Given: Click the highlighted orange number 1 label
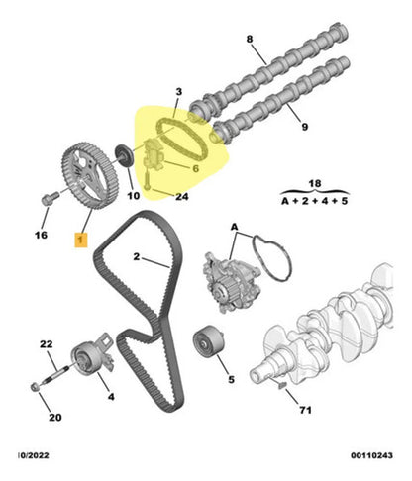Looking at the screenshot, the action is pyautogui.click(x=81, y=240).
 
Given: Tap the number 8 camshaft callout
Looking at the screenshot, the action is pyautogui.click(x=250, y=39).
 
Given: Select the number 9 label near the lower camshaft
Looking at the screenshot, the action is pyautogui.click(x=305, y=127).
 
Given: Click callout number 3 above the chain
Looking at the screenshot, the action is pyautogui.click(x=178, y=92).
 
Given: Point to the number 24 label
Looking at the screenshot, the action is pyautogui.click(x=182, y=197).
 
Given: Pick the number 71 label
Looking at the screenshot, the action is pyautogui.click(x=305, y=410).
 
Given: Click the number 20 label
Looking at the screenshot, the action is pyautogui.click(x=55, y=418).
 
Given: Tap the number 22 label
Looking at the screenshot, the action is pyautogui.click(x=47, y=344).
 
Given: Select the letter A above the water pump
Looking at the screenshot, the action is pyautogui.click(x=234, y=227).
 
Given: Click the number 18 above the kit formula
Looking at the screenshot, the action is pyautogui.click(x=314, y=183).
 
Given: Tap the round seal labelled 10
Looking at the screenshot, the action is pyautogui.click(x=125, y=156).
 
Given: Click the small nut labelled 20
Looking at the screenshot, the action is pyautogui.click(x=35, y=387).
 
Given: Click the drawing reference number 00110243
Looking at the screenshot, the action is pyautogui.click(x=371, y=455).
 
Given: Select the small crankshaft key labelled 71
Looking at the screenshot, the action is pyautogui.click(x=282, y=384).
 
